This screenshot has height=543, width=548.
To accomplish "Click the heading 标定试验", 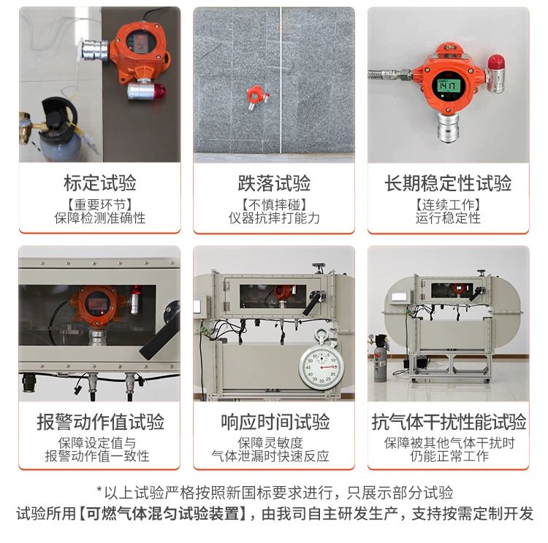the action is [x=100, y=183].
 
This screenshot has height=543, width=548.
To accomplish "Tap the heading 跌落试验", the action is [x=274, y=183].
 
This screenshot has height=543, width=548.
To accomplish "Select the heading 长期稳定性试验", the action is [x=448, y=183].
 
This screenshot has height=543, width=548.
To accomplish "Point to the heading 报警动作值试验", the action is [x=100, y=421].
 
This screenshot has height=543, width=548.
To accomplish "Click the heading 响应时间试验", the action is [x=275, y=421].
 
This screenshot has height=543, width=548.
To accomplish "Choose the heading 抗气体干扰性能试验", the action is [x=449, y=421].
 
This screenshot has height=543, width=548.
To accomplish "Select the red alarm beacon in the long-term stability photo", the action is [x=495, y=63].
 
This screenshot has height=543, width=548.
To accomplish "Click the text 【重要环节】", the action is [x=100, y=204].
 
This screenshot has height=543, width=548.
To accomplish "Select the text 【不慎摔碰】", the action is [x=274, y=204].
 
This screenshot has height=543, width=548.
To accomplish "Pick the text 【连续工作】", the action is [x=448, y=204].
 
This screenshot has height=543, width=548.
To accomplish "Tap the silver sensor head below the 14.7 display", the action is [x=448, y=128].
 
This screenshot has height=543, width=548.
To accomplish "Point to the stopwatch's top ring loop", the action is [x=321, y=334].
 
